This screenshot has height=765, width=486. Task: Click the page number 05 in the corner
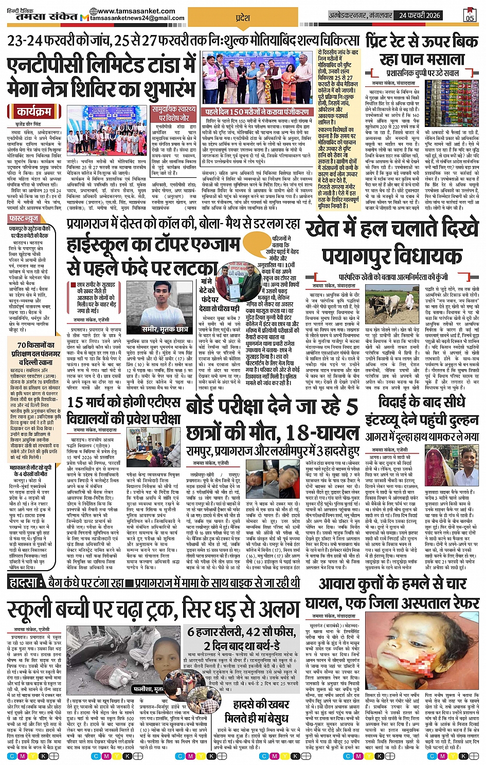(x=470, y=15)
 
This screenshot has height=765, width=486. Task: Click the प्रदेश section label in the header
(x=243, y=17)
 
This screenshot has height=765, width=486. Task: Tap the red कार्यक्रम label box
(x=34, y=112)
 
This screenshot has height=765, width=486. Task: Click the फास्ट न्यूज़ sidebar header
(x=24, y=218)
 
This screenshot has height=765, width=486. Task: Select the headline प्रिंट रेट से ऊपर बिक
(x=422, y=42)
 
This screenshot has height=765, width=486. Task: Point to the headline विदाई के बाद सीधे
(x=421, y=402)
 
